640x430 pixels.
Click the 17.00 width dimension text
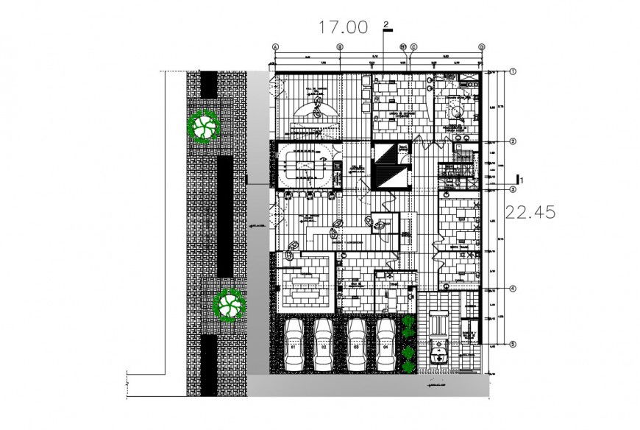pos(342,28)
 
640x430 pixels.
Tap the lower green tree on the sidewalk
pos(227,304)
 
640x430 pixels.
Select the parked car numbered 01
pos(293,343)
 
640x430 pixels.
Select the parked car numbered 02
pos(324,343)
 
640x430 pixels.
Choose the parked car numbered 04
pos(385,343)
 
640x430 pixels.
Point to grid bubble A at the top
pos(276,46)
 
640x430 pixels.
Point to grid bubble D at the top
pos(483,46)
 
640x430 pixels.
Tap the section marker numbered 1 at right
pos(519,178)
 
